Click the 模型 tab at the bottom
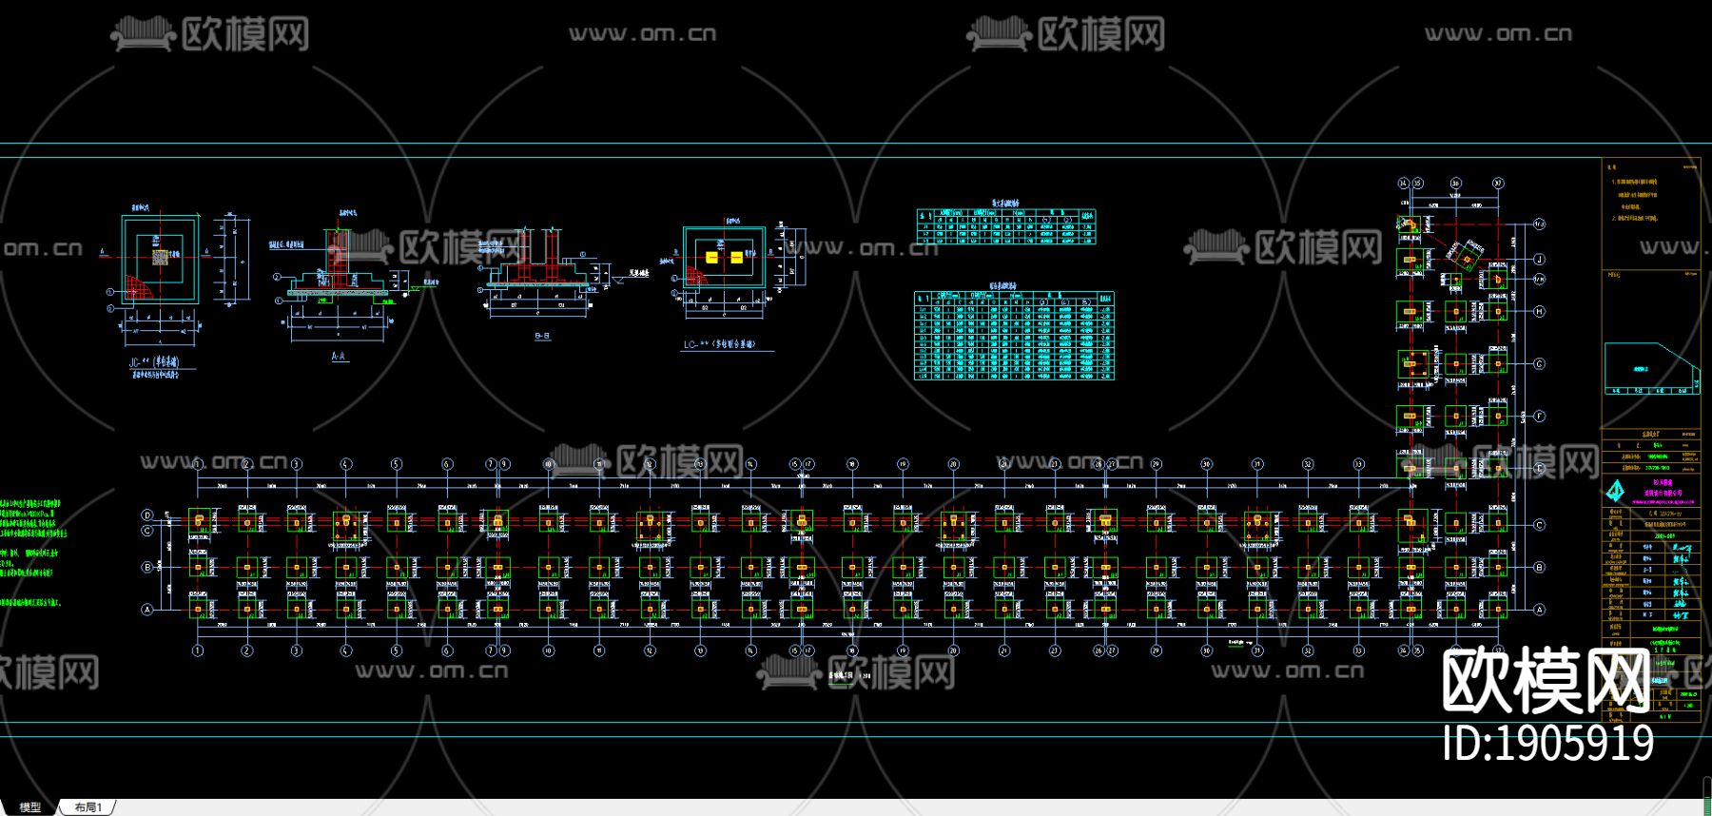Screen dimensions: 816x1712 click(x=30, y=807)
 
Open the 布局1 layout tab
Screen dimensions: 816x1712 click(x=88, y=807)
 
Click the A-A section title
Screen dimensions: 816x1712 click(x=339, y=357)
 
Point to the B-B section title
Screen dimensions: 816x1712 click(x=542, y=336)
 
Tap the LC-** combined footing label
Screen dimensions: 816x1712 click(x=719, y=344)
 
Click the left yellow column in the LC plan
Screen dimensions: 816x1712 click(x=711, y=257)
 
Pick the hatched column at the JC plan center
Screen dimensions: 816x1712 click(x=161, y=256)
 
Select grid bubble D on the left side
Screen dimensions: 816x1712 click(x=147, y=515)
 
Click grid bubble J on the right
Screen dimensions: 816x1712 click(x=1539, y=259)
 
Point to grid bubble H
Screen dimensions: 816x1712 click(x=1539, y=311)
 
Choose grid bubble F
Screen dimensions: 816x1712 click(x=1539, y=416)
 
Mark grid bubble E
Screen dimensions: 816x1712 click(x=1539, y=468)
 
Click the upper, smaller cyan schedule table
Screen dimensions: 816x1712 click(x=1005, y=226)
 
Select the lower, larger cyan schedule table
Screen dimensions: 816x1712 click(x=1013, y=336)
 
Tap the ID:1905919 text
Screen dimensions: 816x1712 click(x=1547, y=744)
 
